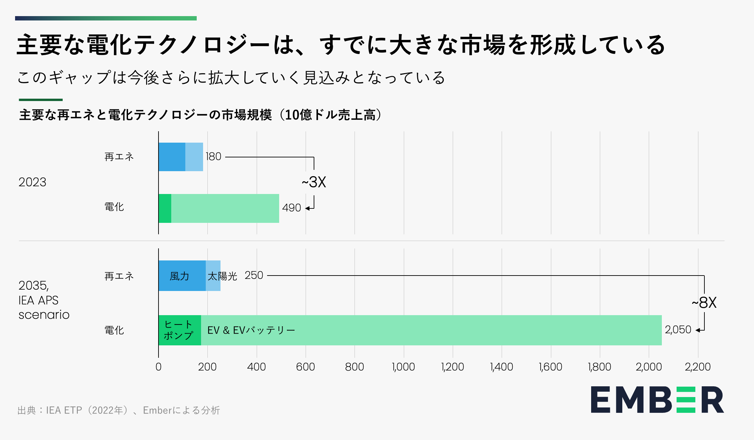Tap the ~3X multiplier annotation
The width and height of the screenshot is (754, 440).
[x=314, y=182]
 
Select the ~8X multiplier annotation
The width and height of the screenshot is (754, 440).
[x=704, y=303]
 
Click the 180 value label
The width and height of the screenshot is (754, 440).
[x=213, y=156]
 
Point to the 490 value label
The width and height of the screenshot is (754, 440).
[x=292, y=208]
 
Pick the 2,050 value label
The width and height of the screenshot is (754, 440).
[x=678, y=330]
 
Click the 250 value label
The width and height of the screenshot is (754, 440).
[x=254, y=275]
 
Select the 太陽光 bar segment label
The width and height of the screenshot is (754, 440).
[x=222, y=276]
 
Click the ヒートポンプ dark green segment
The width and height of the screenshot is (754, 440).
[x=179, y=330]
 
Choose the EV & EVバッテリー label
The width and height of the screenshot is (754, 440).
[x=251, y=330]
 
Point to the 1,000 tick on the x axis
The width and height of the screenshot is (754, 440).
[x=403, y=367]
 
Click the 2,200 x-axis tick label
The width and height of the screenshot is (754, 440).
[x=698, y=367]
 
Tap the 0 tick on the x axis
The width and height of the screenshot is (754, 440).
[x=159, y=367]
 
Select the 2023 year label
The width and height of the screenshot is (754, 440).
[x=32, y=182]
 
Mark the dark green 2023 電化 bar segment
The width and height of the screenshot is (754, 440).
[x=165, y=208]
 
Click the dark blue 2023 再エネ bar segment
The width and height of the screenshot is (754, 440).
[x=172, y=157]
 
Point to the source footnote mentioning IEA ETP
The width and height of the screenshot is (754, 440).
[x=119, y=410]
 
